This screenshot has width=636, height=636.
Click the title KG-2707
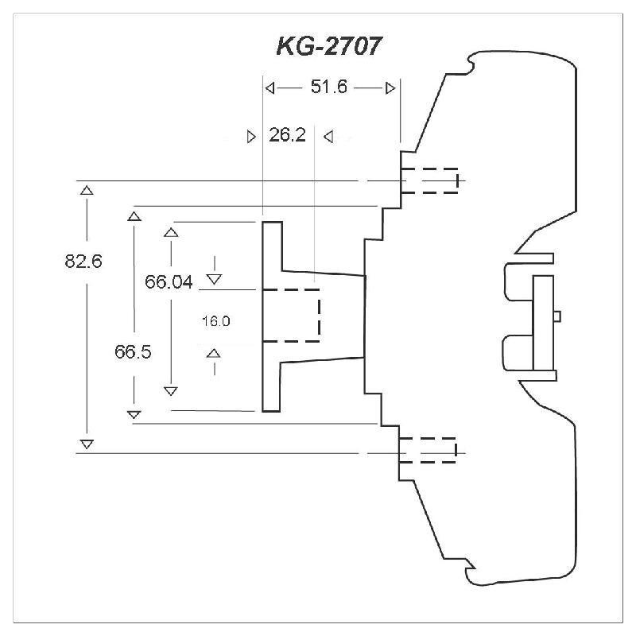click(328, 47)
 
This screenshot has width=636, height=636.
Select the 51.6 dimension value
click(329, 87)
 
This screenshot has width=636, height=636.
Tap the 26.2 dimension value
click(287, 135)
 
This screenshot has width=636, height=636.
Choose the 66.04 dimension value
click(169, 281)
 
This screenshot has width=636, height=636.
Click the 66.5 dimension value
click(133, 352)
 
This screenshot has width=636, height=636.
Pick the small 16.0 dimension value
click(215, 321)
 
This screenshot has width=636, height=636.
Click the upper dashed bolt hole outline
click(429, 180)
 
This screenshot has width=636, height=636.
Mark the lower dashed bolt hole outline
click(429, 450)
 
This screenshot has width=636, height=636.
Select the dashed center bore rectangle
click(291, 315)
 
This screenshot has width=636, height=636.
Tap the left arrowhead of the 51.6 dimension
click(270, 87)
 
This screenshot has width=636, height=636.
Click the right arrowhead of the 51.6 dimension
click(390, 87)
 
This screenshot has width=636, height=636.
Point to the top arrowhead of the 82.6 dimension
click(87, 190)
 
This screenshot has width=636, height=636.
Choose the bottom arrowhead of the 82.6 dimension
click(87, 443)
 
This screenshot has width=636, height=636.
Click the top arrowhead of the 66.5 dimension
click(134, 215)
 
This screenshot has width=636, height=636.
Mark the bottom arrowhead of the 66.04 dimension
click(170, 390)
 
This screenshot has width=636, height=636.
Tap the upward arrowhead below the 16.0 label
click(214, 352)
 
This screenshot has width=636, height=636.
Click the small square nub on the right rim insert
click(557, 316)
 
